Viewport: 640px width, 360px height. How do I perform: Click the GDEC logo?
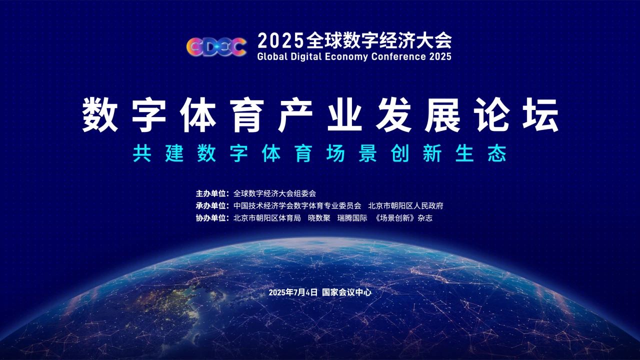click(216, 47)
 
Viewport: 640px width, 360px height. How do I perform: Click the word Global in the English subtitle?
click(272, 56)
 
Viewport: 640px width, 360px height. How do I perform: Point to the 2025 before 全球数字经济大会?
click(280, 41)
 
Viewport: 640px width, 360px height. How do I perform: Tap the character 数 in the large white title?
click(100, 115)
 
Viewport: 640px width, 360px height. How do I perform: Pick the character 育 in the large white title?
click(247, 115)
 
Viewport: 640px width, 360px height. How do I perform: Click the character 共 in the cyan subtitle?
click(141, 153)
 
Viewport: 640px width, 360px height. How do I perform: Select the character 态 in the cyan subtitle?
click(497, 153)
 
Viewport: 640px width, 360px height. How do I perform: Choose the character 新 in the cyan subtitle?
click(432, 153)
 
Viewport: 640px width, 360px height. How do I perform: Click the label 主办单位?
click(211, 193)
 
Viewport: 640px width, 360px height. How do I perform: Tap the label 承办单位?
click(211, 205)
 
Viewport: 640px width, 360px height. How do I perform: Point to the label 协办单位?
click(211, 218)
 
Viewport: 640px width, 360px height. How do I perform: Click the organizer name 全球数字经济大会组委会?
click(274, 193)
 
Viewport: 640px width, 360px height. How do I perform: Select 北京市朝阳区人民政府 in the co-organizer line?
click(405, 205)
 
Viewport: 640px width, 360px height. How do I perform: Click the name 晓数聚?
click(319, 218)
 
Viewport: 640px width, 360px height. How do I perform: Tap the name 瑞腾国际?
click(352, 218)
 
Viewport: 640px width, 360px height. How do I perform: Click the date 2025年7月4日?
click(293, 292)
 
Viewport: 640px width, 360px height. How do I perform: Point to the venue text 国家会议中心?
click(347, 292)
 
